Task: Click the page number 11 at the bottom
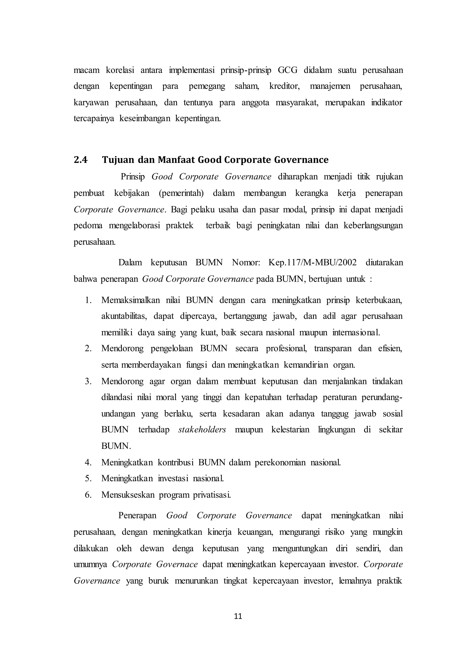(238, 616)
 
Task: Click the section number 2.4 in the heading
(80, 160)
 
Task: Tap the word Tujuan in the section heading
(118, 160)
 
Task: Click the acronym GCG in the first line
(288, 70)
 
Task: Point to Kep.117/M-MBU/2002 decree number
(312, 263)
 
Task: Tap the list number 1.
(88, 300)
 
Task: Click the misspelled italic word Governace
(177, 564)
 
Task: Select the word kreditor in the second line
(284, 86)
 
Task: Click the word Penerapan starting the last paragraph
(137, 516)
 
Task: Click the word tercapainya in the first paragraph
(94, 119)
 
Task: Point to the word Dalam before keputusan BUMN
(130, 263)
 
